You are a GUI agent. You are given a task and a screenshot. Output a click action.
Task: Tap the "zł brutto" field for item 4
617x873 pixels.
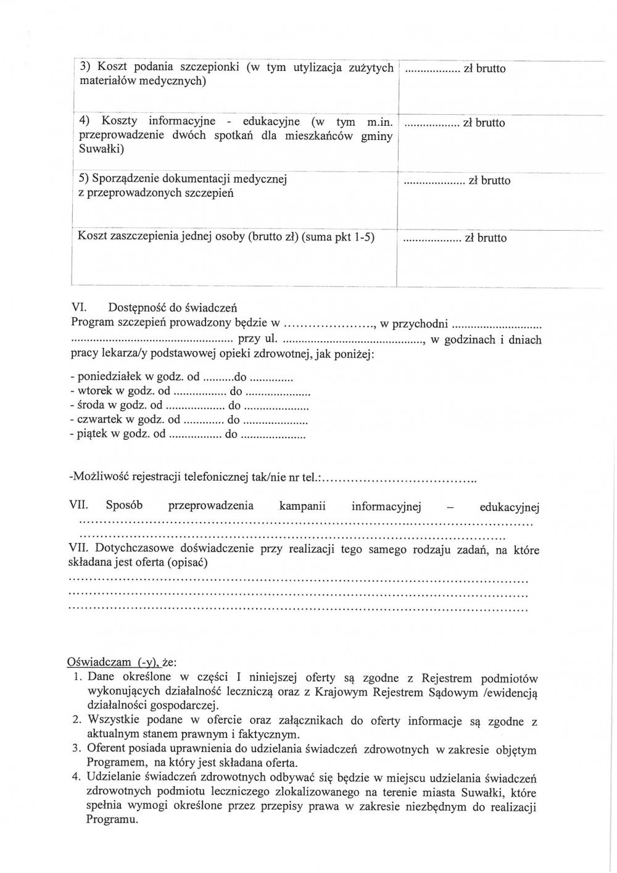coord(453,123)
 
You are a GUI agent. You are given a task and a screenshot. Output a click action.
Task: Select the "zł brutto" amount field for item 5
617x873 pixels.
coord(457,181)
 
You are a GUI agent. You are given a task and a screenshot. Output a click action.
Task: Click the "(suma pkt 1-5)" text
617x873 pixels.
coord(338,237)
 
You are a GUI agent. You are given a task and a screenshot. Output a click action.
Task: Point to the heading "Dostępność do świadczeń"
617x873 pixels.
coord(172,308)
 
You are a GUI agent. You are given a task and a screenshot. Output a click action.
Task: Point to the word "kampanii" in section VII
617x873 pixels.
coord(302,506)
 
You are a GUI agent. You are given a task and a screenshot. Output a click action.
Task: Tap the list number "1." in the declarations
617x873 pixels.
coord(77,677)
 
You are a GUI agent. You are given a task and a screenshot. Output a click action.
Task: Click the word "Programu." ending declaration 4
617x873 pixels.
coord(112,820)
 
